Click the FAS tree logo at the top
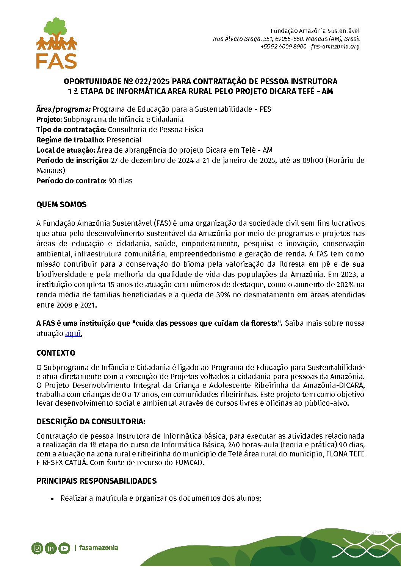[x=56, y=43]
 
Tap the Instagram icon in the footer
[x=37, y=548]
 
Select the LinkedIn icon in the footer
[x=50, y=548]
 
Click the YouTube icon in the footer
[x=64, y=548]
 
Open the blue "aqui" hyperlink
[x=73, y=333]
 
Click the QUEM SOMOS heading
[x=61, y=205]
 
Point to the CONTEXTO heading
[x=56, y=353]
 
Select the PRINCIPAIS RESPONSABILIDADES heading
[x=96, y=481]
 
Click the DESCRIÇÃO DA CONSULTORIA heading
[x=91, y=422]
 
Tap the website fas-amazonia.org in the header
[x=335, y=47]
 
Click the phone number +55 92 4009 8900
[x=283, y=47]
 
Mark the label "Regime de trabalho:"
[x=70, y=140]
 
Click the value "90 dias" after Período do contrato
[x=121, y=181]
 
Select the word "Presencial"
[x=124, y=140]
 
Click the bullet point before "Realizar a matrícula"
[x=53, y=498]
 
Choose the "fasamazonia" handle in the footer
[x=99, y=548]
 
